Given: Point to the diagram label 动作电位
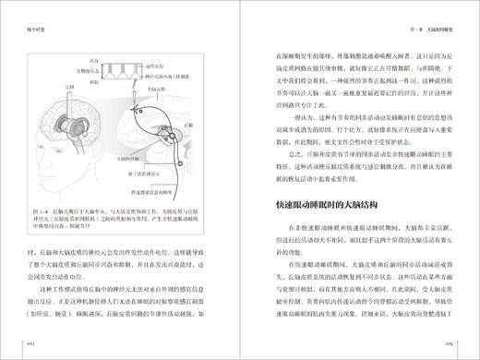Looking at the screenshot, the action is click(x=154, y=61).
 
